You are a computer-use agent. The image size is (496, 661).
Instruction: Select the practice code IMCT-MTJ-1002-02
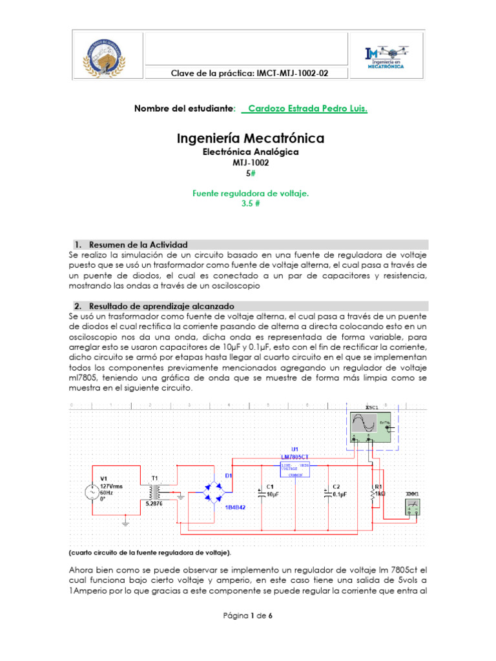249,74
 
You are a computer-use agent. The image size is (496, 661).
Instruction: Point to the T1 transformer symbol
155,491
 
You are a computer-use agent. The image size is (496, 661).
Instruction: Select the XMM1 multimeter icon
412,507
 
